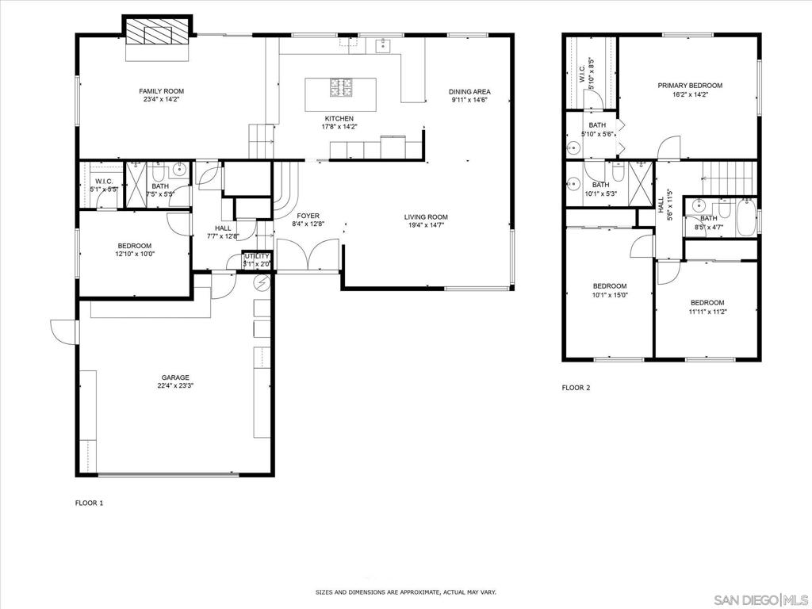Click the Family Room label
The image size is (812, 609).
click(x=162, y=91)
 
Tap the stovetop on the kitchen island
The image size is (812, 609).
click(x=341, y=87)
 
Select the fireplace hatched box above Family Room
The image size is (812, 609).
click(x=158, y=31)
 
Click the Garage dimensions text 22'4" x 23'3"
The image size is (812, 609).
click(x=175, y=385)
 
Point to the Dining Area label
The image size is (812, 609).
click(x=469, y=92)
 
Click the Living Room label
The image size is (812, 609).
click(x=426, y=217)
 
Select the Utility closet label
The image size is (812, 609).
click(x=258, y=256)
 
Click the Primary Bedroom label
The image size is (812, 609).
click(x=690, y=86)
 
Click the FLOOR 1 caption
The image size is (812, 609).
click(x=90, y=503)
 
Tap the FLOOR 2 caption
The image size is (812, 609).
click(x=576, y=388)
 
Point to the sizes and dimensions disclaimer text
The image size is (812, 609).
click(x=406, y=592)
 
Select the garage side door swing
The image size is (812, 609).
click(x=63, y=331)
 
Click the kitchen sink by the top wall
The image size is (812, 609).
click(x=384, y=45)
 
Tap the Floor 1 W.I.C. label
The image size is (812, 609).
click(x=104, y=182)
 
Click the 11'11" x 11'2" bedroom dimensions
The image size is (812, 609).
click(x=707, y=312)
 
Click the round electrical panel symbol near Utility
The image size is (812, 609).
click(x=262, y=283)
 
